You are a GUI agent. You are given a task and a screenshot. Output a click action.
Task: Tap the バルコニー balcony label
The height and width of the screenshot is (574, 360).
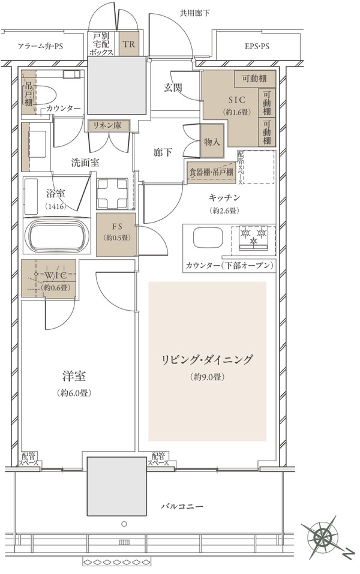pyautogui.click(x=182, y=507)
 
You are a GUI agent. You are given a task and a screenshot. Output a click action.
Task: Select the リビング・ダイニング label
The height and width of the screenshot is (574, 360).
pyautogui.click(x=207, y=360)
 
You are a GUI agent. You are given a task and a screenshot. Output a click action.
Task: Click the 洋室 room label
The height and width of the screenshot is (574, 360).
pyautogui.click(x=74, y=376)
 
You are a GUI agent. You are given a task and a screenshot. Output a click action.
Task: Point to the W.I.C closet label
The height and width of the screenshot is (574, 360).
pyautogui.click(x=55, y=275)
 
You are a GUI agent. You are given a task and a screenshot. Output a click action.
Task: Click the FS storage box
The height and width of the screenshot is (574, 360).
pyautogui.click(x=116, y=235)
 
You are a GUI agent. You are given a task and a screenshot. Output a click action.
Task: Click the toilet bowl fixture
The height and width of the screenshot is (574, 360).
pyautogui.click(x=44, y=96)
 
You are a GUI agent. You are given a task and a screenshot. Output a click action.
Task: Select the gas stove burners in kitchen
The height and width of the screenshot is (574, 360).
pyautogui.click(x=253, y=237)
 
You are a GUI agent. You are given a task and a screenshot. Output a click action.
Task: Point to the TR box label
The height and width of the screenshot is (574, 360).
pyautogui.click(x=129, y=44)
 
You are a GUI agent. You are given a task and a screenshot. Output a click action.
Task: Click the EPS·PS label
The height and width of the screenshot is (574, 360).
pyautogui.click(x=257, y=47)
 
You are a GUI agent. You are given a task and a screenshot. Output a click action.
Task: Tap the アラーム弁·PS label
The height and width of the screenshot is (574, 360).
pyautogui.click(x=41, y=47)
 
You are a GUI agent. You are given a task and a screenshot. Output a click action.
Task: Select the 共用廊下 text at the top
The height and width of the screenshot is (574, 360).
pyautogui.click(x=194, y=14)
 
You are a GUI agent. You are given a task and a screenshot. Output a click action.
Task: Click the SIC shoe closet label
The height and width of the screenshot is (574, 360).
pyautogui.click(x=237, y=100)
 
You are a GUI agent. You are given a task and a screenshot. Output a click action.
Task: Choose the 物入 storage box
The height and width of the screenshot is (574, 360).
pyautogui.click(x=212, y=142)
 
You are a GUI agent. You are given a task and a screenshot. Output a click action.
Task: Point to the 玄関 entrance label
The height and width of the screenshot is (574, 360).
pyautogui.click(x=172, y=88)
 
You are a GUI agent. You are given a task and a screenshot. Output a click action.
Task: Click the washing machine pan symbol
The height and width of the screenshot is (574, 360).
pyautogui.click(x=112, y=194)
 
